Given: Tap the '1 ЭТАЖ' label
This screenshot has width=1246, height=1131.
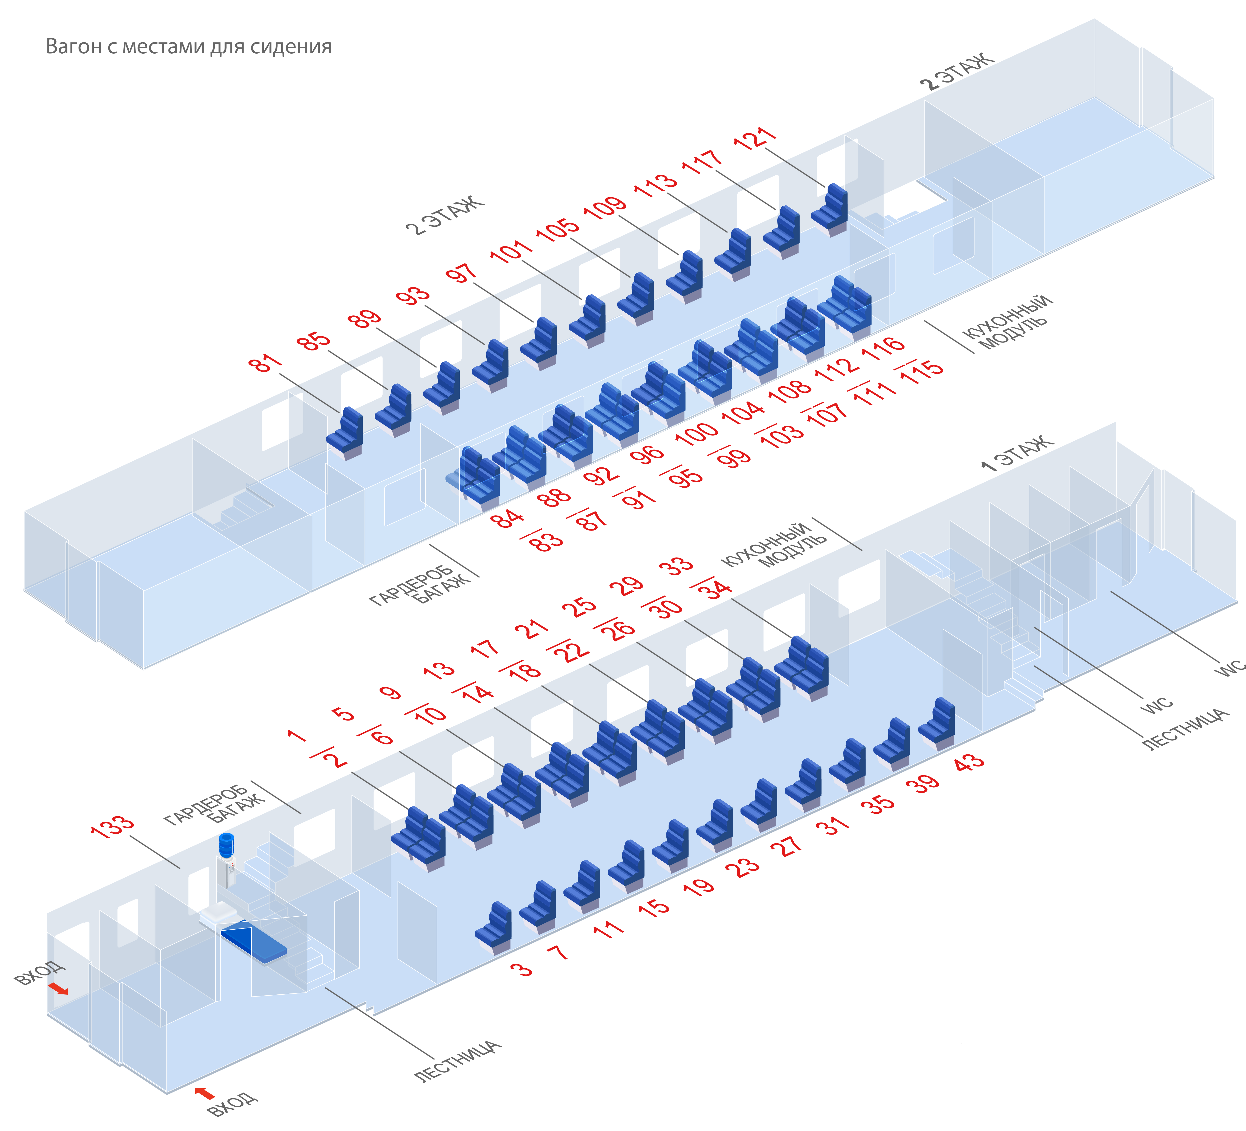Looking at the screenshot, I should point(1017,453).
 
